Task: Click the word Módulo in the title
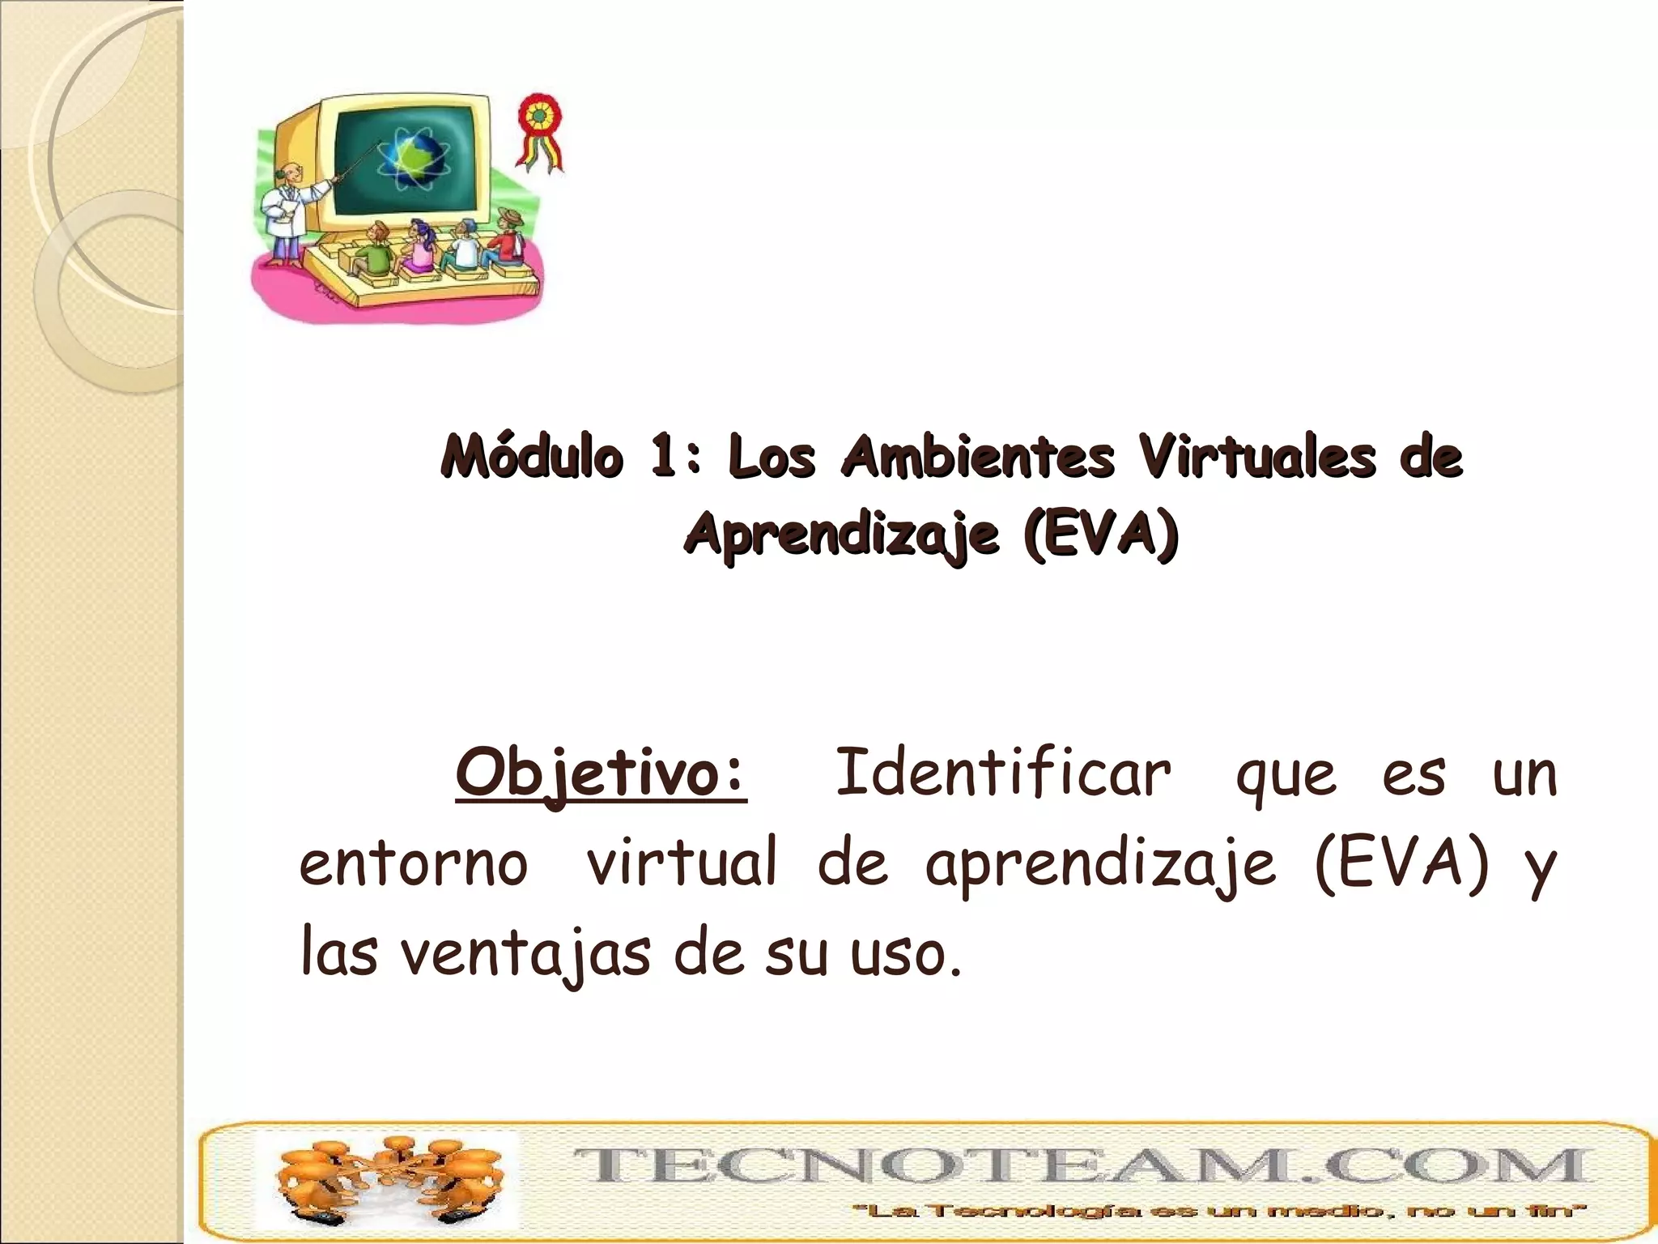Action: pos(532,457)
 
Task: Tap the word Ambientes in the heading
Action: pos(977,457)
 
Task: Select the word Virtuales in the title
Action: pos(1257,457)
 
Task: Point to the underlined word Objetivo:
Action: pos(601,773)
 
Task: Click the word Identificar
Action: pos(1002,773)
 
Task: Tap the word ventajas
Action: pos(525,954)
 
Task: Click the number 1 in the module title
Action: pos(665,457)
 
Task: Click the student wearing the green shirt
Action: pos(374,250)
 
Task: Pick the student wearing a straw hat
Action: pos(508,238)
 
